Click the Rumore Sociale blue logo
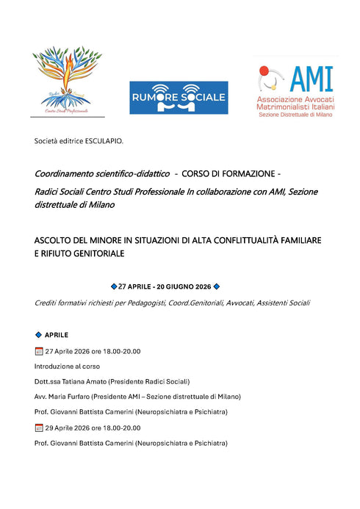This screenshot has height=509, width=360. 179,98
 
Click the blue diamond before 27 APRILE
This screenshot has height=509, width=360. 113,286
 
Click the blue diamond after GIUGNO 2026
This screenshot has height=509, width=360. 216,286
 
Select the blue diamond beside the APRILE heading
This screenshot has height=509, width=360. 38,334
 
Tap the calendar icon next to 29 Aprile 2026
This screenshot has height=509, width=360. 39,427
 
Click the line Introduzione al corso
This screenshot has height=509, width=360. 67,366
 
